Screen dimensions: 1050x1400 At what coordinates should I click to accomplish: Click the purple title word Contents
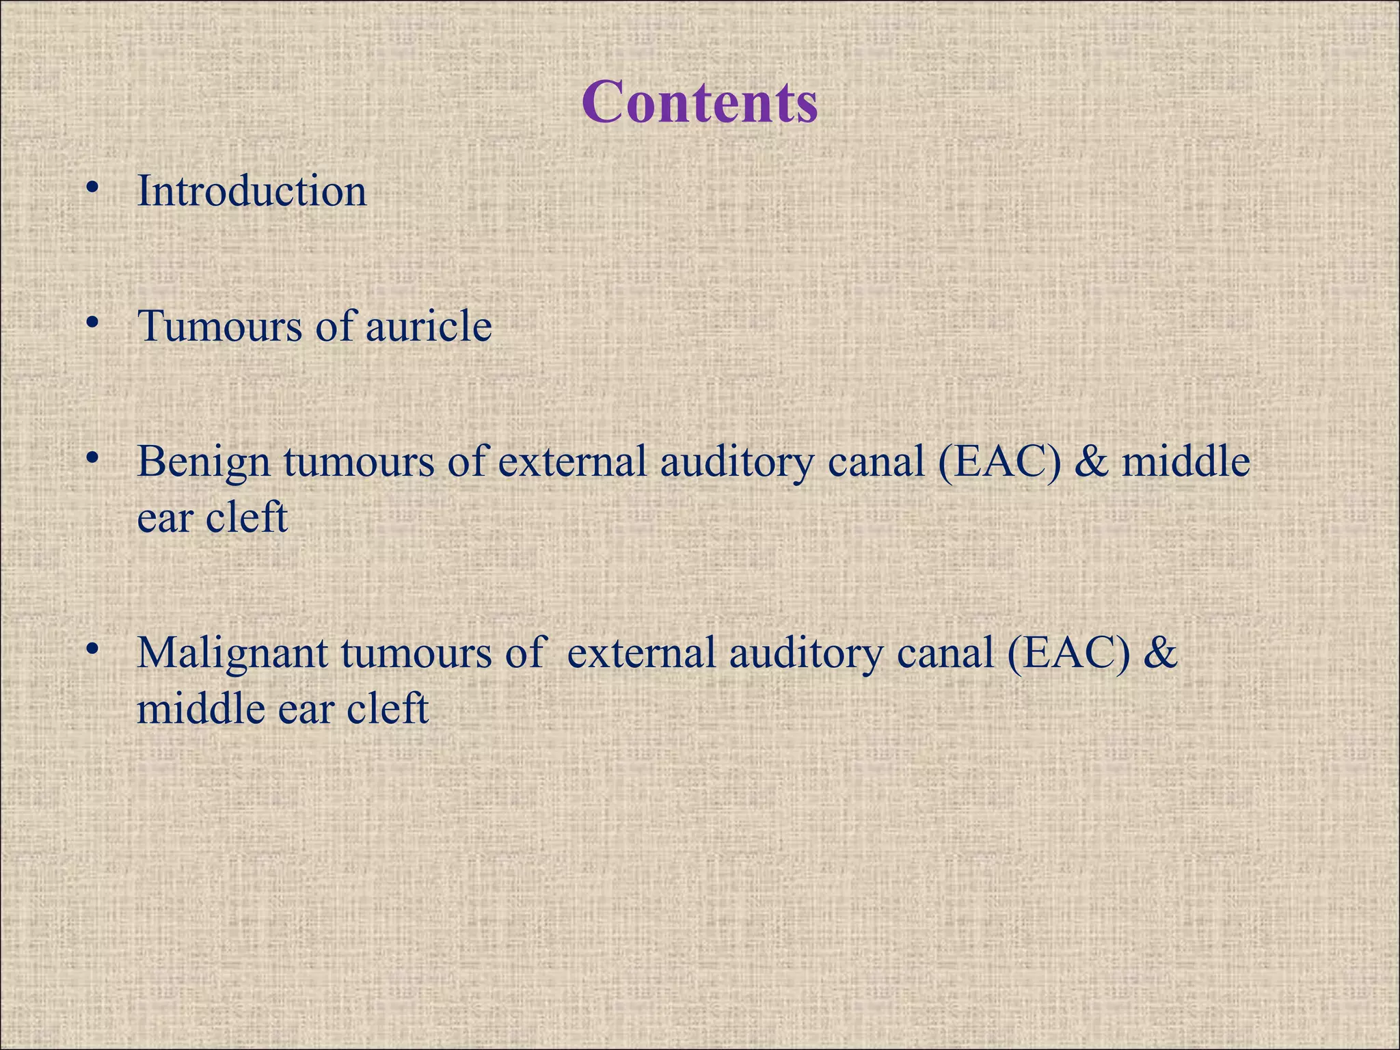pos(699,102)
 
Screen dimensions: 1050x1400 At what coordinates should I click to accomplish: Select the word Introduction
pos(252,191)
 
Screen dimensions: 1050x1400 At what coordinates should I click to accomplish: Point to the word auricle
pos(429,326)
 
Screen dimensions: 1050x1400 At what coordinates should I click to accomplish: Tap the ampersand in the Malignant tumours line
pos(1160,653)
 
